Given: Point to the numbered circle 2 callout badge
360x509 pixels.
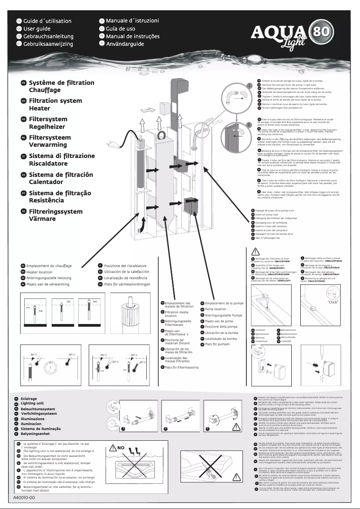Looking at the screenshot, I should (x=248, y=124).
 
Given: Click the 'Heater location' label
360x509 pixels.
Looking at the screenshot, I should (x=39, y=272).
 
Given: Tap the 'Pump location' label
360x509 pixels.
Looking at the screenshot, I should (x=215, y=309).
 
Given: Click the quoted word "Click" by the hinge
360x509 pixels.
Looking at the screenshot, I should (x=333, y=315).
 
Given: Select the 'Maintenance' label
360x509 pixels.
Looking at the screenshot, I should (x=262, y=334).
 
